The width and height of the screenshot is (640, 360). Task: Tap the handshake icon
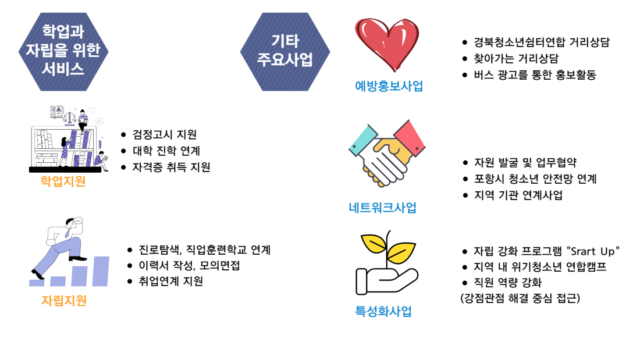click(x=386, y=154)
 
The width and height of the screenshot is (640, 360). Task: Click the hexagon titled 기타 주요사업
click(x=285, y=52)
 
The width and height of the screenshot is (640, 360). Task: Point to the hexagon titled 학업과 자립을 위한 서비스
click(x=63, y=52)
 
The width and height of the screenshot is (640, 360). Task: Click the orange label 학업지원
click(x=63, y=181)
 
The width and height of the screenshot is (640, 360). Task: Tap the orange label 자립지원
click(x=64, y=301)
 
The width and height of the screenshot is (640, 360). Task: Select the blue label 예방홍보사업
click(x=389, y=86)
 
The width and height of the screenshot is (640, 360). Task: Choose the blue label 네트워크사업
click(x=382, y=208)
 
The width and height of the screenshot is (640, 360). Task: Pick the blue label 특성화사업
click(x=383, y=311)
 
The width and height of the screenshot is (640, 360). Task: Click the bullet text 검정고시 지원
click(x=165, y=134)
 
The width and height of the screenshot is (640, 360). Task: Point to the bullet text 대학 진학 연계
click(x=166, y=151)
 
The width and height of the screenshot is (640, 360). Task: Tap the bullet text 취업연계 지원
click(x=170, y=281)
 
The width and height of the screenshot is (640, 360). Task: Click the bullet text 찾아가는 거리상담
click(x=516, y=58)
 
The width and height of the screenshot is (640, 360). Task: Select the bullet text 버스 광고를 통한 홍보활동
click(x=535, y=74)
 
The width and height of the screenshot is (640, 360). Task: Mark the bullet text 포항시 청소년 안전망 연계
click(x=535, y=179)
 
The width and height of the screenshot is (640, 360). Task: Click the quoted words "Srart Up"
click(x=593, y=251)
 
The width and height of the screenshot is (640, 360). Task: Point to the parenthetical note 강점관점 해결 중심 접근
click(x=520, y=298)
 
